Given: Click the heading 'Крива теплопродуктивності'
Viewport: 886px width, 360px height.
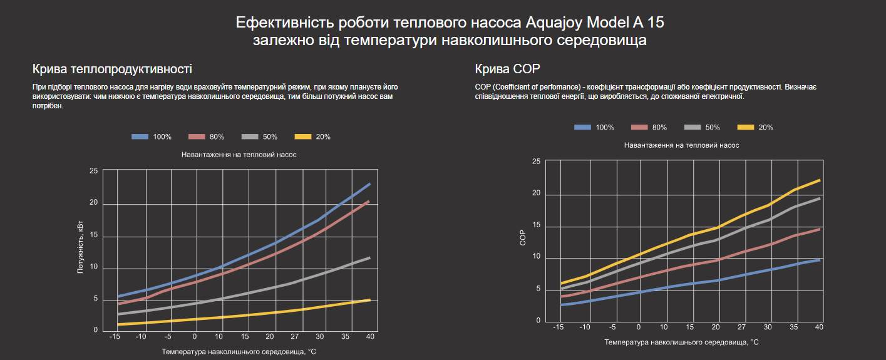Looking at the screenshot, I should point(112,69).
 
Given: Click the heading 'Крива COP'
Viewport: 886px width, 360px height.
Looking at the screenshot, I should point(507,69).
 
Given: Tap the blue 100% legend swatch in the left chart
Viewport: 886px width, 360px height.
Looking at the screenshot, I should point(140,136).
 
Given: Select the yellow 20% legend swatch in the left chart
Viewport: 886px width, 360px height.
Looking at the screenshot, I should point(303,136).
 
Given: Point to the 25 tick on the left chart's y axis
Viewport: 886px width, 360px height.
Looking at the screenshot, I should point(94,170).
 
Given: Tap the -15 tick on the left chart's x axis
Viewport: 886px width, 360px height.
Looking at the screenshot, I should point(115,337).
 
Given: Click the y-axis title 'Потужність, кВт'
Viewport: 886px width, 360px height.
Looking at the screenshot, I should point(80,250).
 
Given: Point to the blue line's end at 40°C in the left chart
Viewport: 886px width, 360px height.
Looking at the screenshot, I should point(369,184).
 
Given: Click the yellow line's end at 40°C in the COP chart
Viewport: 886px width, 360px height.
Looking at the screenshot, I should point(819,180).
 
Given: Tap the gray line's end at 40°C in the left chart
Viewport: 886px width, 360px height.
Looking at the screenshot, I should point(369,257).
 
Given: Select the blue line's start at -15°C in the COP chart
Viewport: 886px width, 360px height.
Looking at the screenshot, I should point(562,305).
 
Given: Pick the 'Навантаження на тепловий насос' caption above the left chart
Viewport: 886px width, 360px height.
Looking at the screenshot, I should point(239,154).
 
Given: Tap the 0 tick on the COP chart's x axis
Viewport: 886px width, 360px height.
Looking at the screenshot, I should point(639,327).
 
